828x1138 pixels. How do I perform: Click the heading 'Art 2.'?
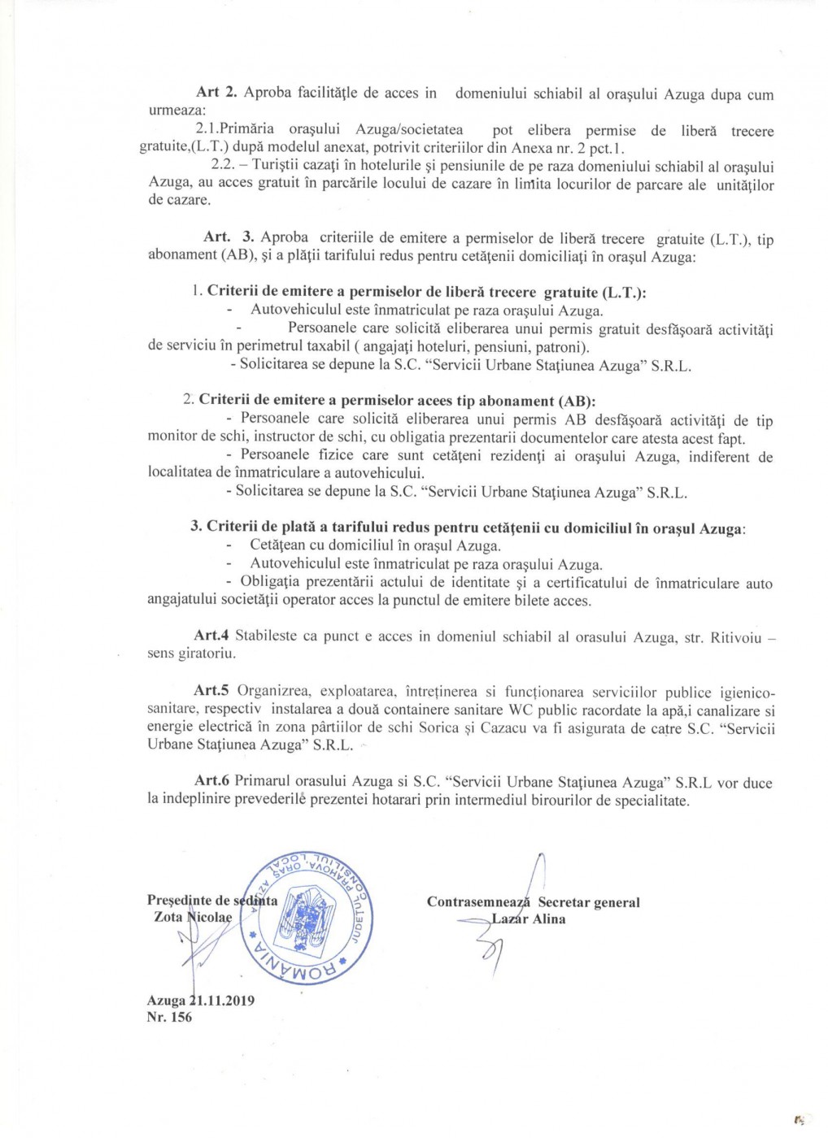(216, 93)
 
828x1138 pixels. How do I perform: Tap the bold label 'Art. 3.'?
(229, 237)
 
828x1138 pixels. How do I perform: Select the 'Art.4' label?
(211, 636)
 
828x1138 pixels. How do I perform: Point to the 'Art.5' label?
(211, 691)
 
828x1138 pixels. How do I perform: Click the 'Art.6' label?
(211, 781)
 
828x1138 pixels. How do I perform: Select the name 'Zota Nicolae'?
(193, 918)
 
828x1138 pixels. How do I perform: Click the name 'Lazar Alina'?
(528, 919)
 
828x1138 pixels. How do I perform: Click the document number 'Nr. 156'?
(169, 1017)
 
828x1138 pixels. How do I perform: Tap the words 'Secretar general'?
(589, 902)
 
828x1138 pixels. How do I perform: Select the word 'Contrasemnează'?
(478, 902)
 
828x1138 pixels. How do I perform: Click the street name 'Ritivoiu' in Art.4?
(736, 637)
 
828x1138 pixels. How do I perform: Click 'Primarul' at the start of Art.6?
(262, 782)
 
